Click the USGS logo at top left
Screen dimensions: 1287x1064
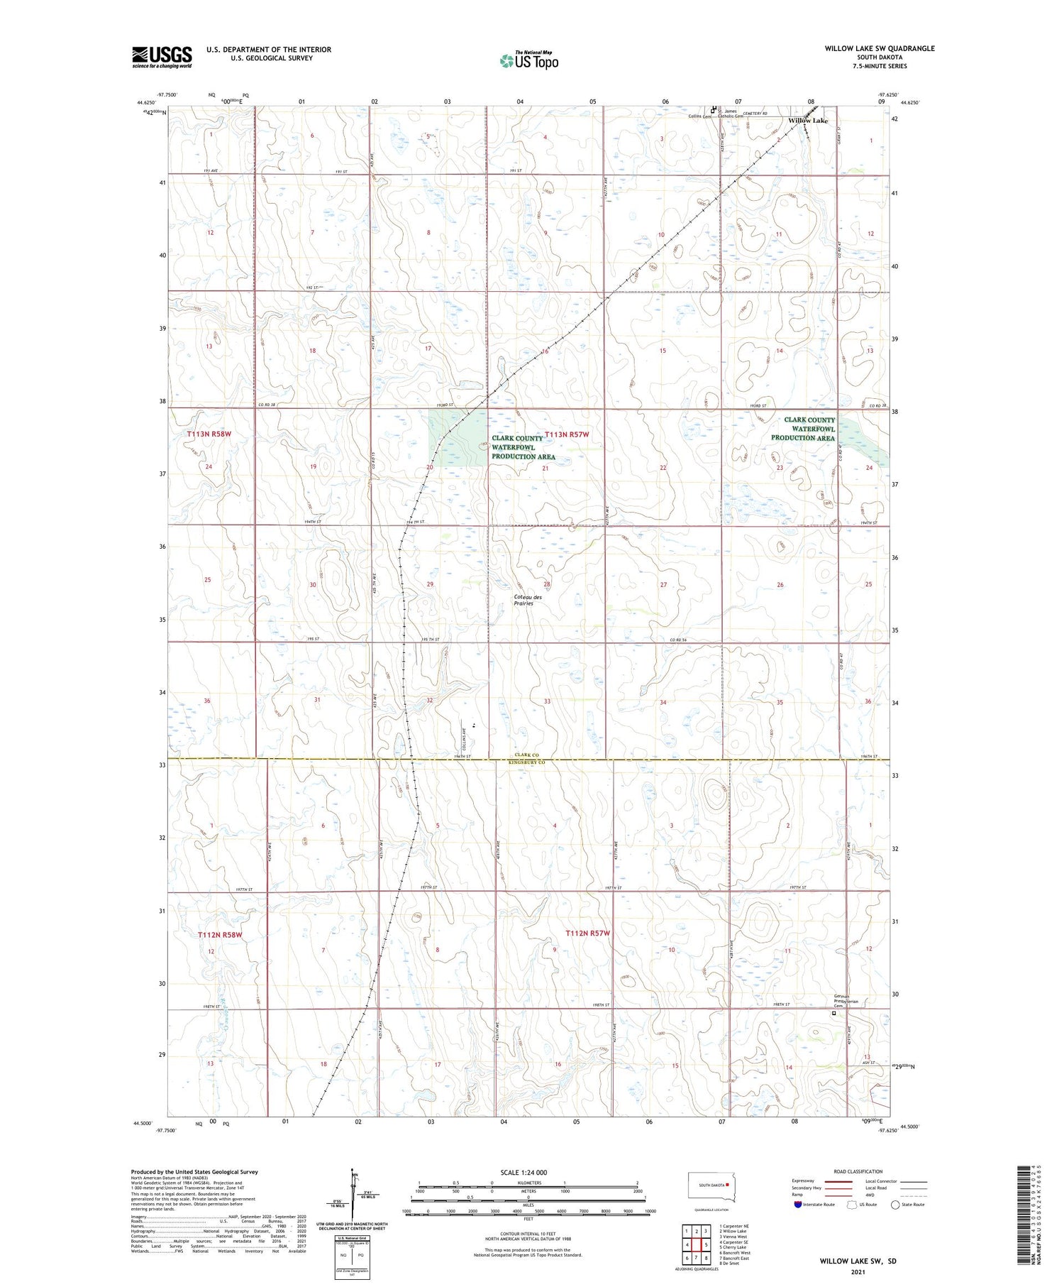pyautogui.click(x=162, y=57)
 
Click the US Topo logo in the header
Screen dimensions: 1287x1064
pyautogui.click(x=529, y=61)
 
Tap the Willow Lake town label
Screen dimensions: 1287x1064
pyautogui.click(x=808, y=121)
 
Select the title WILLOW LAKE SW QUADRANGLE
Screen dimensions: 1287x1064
pyautogui.click(x=880, y=48)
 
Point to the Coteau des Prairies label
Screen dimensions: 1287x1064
pyautogui.click(x=528, y=600)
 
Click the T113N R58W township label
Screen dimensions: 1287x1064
pyautogui.click(x=209, y=434)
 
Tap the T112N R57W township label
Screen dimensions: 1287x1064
pyautogui.click(x=587, y=933)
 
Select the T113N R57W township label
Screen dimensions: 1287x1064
pyautogui.click(x=567, y=434)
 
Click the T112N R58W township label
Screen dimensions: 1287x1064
pyautogui.click(x=220, y=935)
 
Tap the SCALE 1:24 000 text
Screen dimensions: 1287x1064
pyautogui.click(x=523, y=1172)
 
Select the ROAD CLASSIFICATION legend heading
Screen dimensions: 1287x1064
pyautogui.click(x=858, y=1171)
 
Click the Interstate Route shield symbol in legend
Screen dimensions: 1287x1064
pyautogui.click(x=799, y=1205)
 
